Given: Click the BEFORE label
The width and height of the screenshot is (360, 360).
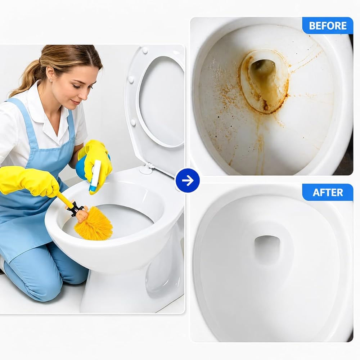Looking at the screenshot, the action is (328, 26).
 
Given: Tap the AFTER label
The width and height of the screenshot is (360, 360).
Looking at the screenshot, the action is (328, 192).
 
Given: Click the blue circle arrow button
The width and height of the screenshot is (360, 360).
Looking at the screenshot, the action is (188, 180).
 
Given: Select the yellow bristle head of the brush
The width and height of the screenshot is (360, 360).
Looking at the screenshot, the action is (94, 224).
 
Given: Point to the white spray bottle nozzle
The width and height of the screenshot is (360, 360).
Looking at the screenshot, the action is (96, 175).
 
